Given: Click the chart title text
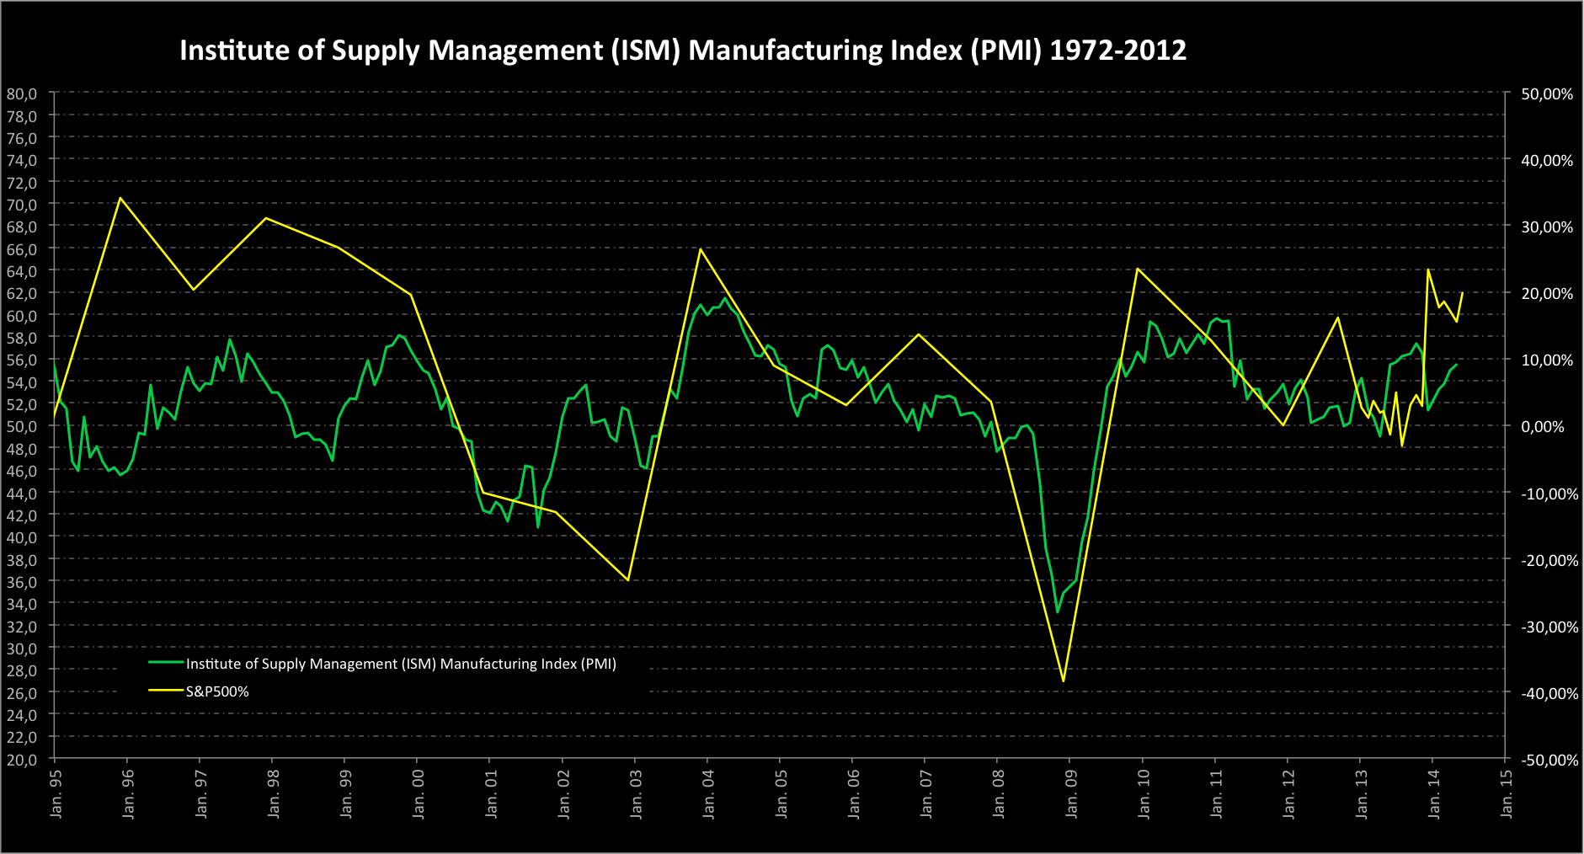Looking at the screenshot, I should coord(683,51).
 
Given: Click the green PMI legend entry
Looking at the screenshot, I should coord(401,664).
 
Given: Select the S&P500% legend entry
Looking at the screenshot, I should coord(217,691).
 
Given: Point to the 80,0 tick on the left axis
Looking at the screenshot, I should coord(22,93).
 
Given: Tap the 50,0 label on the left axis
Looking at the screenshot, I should coord(22,426).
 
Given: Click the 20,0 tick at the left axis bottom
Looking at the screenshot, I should coord(22,759).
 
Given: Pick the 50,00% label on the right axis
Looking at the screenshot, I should coord(1547,93).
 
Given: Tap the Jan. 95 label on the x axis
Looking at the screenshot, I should coord(56,795).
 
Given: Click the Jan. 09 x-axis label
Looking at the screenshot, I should coord(1071,795).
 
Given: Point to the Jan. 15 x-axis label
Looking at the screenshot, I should coord(1507,795).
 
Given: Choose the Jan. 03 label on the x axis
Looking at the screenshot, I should coord(636,795).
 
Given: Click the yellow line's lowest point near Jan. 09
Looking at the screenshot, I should coord(1064,681).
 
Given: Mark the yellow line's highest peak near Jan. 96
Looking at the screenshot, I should coord(120,198).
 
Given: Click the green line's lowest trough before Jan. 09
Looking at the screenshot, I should coord(1058,612).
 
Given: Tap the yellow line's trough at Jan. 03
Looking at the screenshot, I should coord(628,579).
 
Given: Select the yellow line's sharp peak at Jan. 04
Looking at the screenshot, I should coord(700,248).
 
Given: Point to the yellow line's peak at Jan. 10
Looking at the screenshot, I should coord(1137,269).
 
